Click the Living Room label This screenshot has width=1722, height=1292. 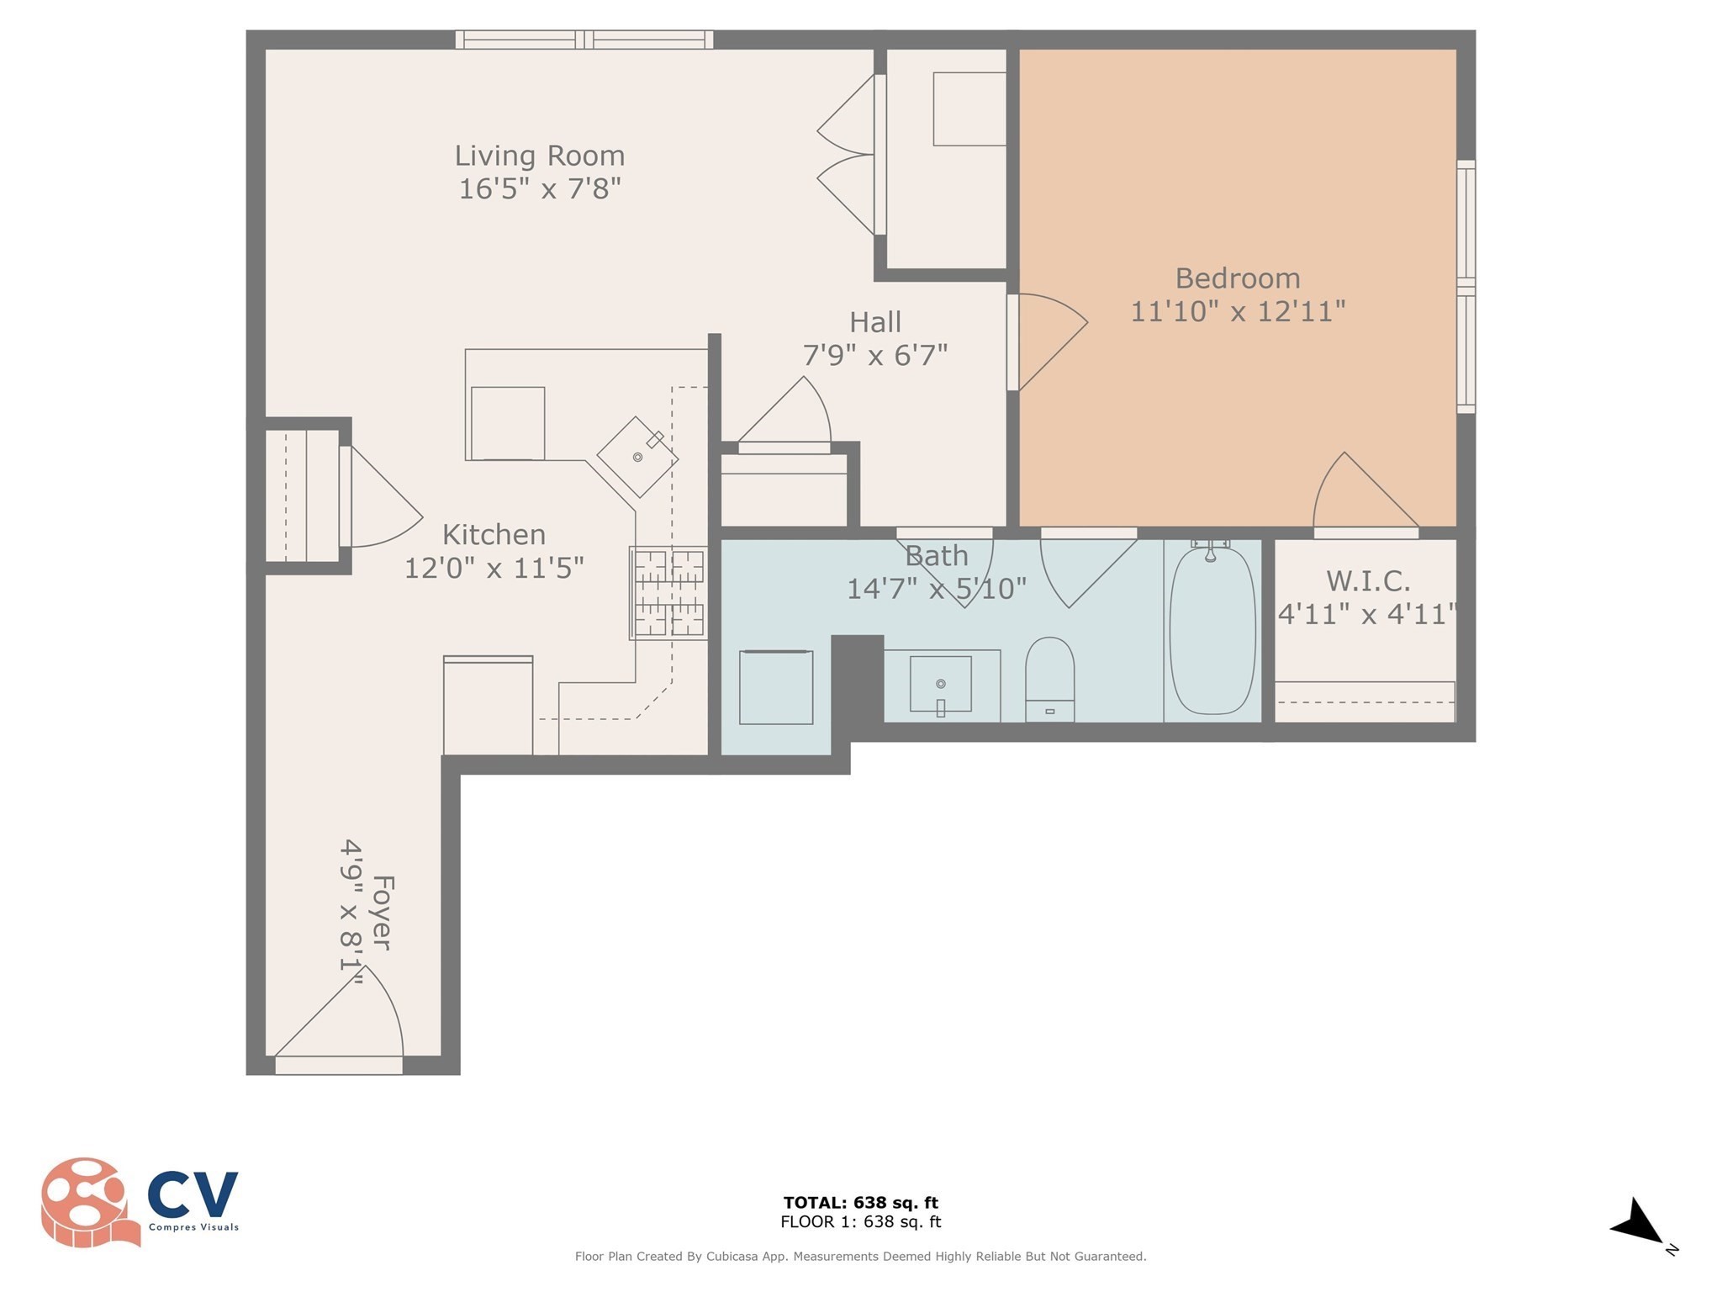coord(539,156)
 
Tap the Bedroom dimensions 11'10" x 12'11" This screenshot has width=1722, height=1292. coord(1238,311)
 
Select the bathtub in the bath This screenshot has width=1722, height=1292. coord(1212,630)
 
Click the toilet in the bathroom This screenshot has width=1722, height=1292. coord(1049,679)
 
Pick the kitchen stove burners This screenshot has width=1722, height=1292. coord(668,592)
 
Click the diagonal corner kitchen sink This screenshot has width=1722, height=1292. coord(638,457)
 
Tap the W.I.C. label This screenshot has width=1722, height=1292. coord(1368,580)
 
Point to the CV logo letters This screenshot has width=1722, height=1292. coord(193,1194)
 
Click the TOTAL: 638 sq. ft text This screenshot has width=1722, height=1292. coord(860,1203)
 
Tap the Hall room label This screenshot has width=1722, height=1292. coord(875,322)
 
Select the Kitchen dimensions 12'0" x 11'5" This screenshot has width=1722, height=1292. coord(494,568)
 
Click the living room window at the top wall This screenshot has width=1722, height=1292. coord(584,40)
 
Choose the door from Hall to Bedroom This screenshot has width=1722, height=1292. coord(1047,342)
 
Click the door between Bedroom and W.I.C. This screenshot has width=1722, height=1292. coord(1366,495)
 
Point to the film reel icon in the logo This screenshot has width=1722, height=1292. coord(88,1202)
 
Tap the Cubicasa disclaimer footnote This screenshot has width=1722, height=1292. coord(860,1257)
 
